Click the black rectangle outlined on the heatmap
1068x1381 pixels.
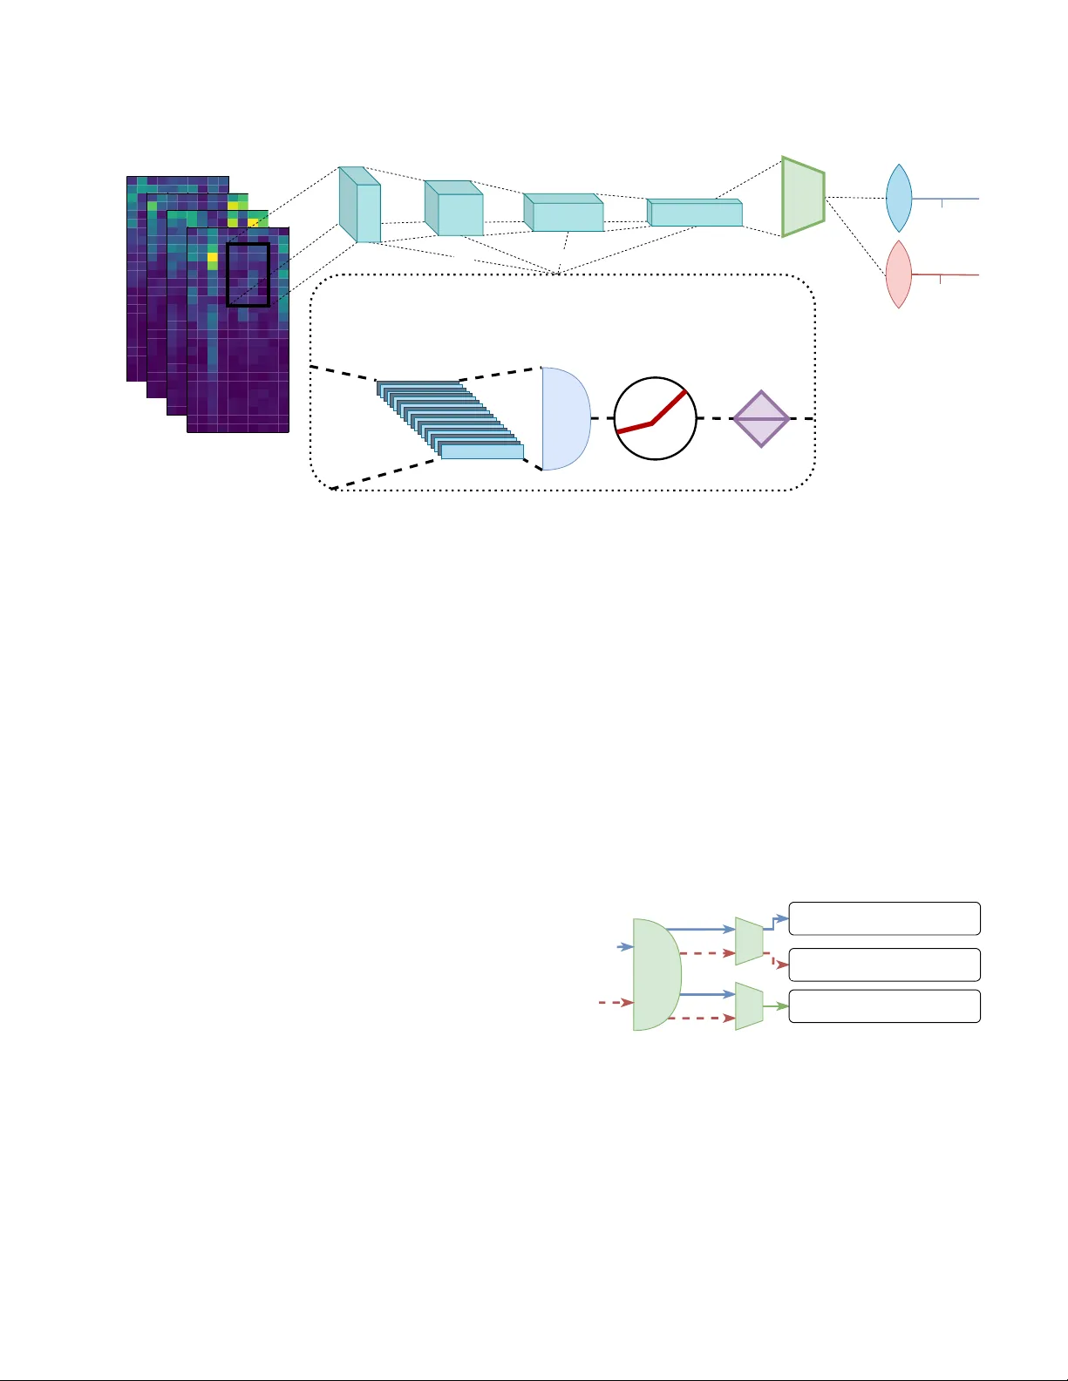click(x=248, y=274)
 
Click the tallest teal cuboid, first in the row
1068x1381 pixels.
click(x=360, y=205)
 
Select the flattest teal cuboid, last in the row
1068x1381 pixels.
click(x=695, y=213)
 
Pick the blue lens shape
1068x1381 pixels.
click(x=899, y=199)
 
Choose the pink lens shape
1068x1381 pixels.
click(x=899, y=274)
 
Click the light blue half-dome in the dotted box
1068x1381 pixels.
click(x=564, y=419)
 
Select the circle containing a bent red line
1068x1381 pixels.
click(x=656, y=419)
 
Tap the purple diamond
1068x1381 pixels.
click(x=761, y=419)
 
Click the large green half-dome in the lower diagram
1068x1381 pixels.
click(x=656, y=974)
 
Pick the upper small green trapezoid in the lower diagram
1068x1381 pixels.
click(x=749, y=941)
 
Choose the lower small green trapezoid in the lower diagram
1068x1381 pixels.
click(x=749, y=1006)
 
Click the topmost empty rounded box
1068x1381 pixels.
click(x=884, y=918)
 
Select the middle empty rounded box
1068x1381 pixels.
click(x=884, y=965)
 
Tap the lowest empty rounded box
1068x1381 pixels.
click(x=884, y=1006)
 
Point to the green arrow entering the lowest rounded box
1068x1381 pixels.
click(x=776, y=1006)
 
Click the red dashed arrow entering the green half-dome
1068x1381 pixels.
click(x=616, y=1003)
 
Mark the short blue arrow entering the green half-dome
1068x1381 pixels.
click(x=625, y=946)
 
